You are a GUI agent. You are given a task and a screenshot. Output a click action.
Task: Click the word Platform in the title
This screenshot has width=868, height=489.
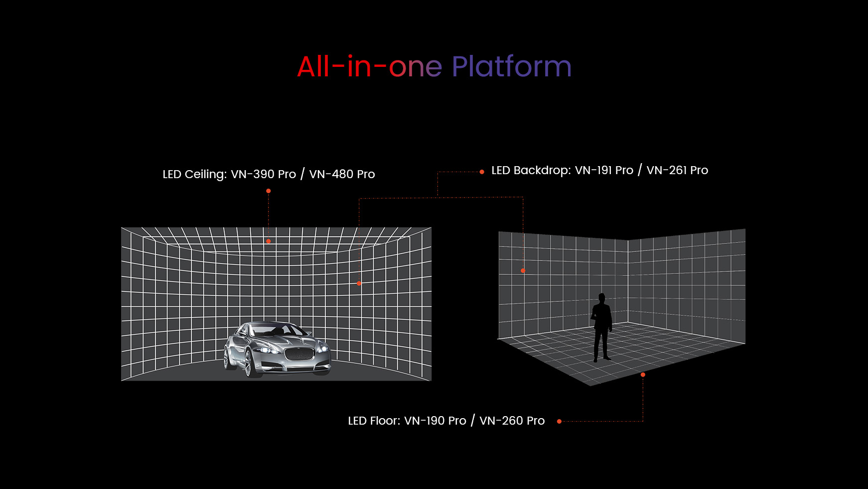tap(511, 66)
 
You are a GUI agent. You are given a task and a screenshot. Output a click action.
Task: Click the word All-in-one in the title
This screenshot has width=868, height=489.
tap(369, 66)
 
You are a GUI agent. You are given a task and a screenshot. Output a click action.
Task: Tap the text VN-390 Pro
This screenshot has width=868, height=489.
tap(264, 174)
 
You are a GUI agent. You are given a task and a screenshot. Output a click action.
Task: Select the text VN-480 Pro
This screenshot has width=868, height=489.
tap(342, 174)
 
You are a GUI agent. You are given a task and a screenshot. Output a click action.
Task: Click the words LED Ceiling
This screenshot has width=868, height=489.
tap(194, 175)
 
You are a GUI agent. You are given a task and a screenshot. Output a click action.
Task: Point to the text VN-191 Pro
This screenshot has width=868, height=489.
tap(604, 170)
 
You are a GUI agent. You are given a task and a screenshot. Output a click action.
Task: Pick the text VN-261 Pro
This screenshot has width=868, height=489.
tap(677, 170)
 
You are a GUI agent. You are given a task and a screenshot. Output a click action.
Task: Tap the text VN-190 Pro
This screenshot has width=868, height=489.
tap(435, 421)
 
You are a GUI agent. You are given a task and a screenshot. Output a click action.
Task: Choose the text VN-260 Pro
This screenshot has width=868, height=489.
tap(512, 421)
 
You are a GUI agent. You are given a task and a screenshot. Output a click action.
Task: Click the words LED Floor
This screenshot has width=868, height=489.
tap(374, 421)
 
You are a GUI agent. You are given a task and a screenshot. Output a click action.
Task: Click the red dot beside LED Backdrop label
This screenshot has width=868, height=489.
tap(482, 172)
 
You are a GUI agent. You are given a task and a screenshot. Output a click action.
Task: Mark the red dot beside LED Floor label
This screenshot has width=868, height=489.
tap(559, 422)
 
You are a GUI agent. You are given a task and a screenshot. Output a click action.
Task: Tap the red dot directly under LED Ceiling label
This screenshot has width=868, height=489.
tap(269, 191)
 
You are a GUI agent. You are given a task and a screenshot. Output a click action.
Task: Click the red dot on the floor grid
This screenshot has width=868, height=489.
tap(643, 375)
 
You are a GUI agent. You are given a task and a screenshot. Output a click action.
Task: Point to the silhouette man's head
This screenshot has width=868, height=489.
tap(602, 298)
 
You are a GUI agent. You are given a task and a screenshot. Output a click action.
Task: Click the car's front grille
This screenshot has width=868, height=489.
tap(299, 354)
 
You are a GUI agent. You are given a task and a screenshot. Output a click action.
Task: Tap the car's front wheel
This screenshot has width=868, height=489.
tap(248, 363)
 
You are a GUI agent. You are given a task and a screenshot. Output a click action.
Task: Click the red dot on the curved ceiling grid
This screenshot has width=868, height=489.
tap(269, 241)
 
